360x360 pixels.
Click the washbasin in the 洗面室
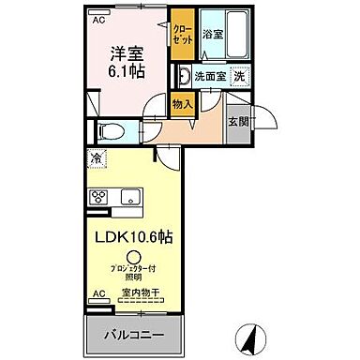click(x=185, y=76)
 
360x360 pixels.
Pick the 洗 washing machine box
click(x=240, y=76)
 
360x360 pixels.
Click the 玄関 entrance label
click(x=238, y=122)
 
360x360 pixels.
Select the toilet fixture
click(x=108, y=132)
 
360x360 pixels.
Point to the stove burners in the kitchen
click(x=97, y=198)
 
